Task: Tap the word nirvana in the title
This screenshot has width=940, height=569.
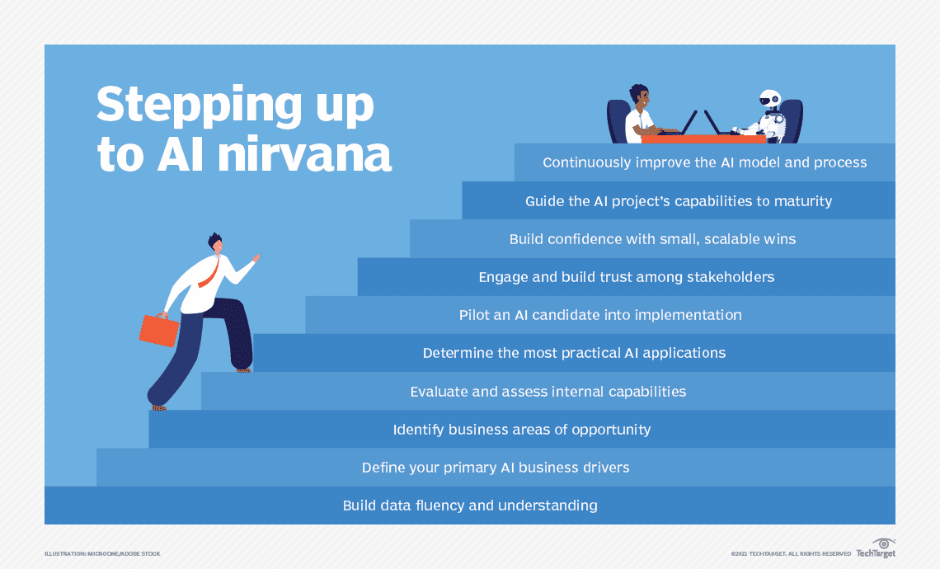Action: coord(304,154)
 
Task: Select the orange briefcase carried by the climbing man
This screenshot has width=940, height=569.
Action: coord(159,330)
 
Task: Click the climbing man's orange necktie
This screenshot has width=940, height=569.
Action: coord(209,272)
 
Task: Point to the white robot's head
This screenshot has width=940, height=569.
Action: coord(770,100)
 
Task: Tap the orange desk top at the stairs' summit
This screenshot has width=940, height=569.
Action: coord(703,139)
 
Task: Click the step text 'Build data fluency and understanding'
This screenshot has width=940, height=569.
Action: coord(470,506)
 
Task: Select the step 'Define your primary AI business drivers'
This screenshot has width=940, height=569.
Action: coord(496,468)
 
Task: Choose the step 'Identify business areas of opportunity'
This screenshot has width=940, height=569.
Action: coord(522,430)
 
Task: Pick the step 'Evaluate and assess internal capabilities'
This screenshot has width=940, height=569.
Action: coord(548,392)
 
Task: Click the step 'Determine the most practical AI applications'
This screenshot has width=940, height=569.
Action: coord(575,353)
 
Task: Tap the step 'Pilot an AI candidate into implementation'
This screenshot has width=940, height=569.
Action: coord(600,315)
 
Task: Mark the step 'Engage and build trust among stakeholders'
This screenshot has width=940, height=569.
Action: coord(627,277)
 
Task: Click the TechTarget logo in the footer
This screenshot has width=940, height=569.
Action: coord(876,548)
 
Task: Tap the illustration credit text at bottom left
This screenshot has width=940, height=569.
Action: coord(102,553)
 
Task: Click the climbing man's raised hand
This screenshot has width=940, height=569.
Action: coord(256,258)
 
